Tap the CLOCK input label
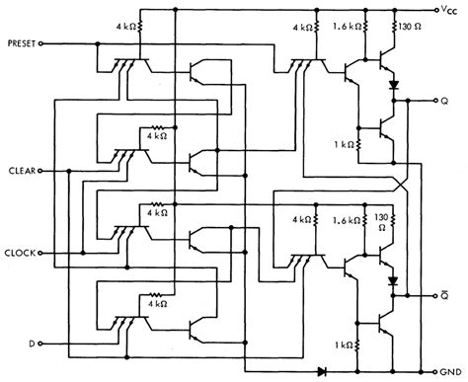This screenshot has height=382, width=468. pyautogui.click(x=20, y=253)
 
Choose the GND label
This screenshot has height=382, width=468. pyautogui.click(x=450, y=373)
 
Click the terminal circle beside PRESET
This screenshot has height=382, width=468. pyautogui.click(x=46, y=43)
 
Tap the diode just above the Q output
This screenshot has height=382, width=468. pyautogui.click(x=393, y=85)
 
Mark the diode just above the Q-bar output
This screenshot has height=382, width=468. pyautogui.click(x=393, y=280)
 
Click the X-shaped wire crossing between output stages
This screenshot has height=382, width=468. pyautogui.click(x=400, y=184)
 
